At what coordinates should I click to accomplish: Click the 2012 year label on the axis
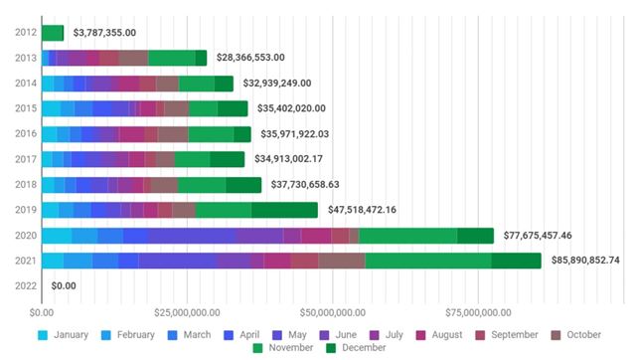point(27,33)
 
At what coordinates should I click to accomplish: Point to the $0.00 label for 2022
point(64,286)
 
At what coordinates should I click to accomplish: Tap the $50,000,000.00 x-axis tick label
point(334,314)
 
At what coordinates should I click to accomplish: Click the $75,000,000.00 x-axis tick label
point(479,314)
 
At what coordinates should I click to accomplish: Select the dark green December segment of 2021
point(516,261)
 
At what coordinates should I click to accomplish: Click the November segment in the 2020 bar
point(407,236)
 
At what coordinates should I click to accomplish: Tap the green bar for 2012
point(53,33)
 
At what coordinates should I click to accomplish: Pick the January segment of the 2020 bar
point(56,236)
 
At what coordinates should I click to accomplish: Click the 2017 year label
point(27,159)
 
